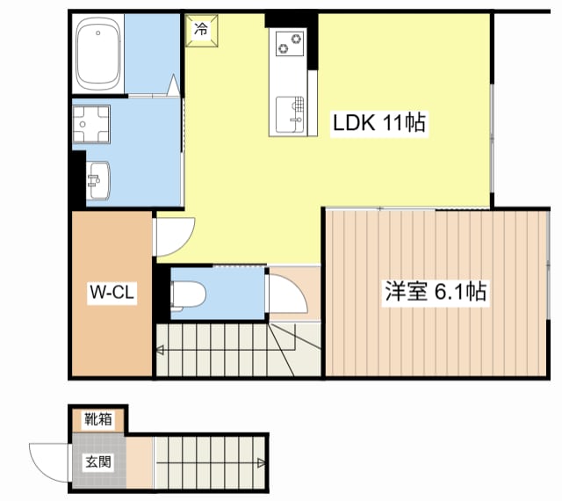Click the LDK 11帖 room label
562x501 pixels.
(x=378, y=124)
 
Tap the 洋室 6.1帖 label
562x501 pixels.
(x=435, y=292)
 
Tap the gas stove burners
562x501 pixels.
(x=290, y=42)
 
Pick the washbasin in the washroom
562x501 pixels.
(x=98, y=179)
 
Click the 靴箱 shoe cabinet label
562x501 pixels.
(x=98, y=419)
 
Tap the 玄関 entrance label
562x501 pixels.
(x=98, y=461)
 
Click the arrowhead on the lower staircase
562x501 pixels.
(x=261, y=463)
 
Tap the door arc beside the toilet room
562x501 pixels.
(x=287, y=294)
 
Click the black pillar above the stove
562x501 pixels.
(x=291, y=18)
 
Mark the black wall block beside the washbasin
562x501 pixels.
(x=78, y=180)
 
